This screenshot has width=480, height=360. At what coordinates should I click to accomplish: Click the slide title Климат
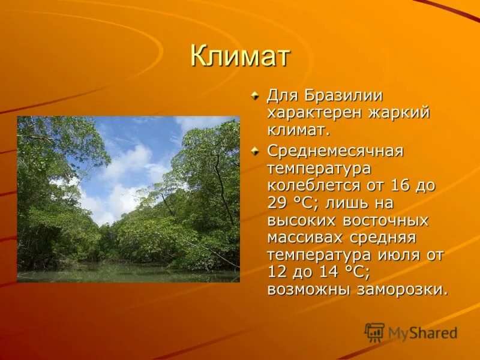240,56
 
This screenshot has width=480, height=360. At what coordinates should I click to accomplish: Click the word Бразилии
344,95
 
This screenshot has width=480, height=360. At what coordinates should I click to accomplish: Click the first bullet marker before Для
256,95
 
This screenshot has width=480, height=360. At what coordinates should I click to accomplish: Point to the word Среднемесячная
335,151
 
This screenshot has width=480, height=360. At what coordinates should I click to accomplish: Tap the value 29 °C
285,203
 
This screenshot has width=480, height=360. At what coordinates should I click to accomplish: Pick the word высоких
297,220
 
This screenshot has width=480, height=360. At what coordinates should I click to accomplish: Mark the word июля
396,255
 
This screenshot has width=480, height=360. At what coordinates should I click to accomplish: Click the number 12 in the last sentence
278,272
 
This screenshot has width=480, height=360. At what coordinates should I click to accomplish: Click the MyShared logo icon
374,332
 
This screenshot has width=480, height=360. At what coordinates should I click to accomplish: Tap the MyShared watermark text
422,333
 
